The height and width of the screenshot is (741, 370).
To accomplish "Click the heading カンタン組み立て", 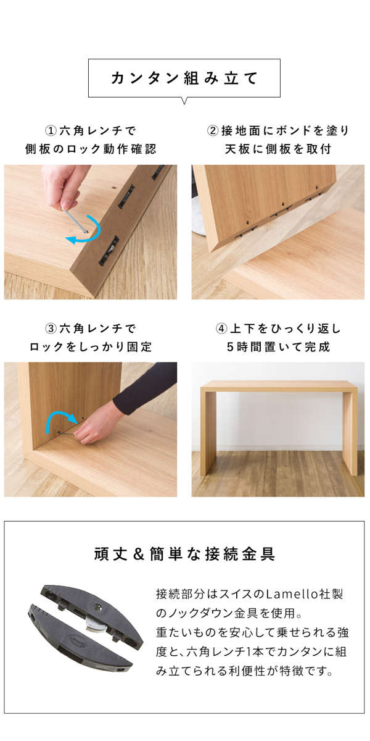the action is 184,78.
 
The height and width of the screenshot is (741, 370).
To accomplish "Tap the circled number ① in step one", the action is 51,131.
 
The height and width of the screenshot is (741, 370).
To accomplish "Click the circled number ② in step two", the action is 213,131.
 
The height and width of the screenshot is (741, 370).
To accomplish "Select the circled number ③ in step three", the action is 51,329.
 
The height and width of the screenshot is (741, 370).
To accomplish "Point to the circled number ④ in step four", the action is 221,329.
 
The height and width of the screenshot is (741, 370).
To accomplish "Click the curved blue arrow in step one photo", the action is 94,235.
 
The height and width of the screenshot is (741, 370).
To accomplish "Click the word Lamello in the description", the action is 289,594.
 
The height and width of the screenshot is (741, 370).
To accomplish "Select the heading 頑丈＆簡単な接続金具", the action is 184,554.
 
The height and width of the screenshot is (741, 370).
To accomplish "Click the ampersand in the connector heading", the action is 139,554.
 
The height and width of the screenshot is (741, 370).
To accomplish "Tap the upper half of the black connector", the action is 92,610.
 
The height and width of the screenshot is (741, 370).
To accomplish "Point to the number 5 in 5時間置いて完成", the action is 230,347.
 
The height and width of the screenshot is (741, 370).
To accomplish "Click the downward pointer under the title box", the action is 184,101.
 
